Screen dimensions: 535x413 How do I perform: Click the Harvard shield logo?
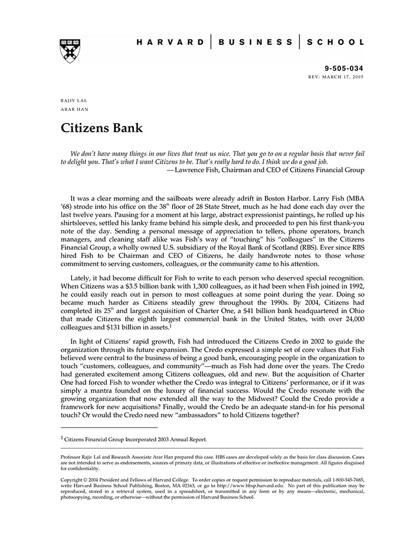coord(70,50)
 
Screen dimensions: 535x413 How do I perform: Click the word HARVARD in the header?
coord(171,43)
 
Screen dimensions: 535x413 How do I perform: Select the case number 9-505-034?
coord(345,68)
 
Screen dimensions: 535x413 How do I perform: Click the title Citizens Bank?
coord(101,128)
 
